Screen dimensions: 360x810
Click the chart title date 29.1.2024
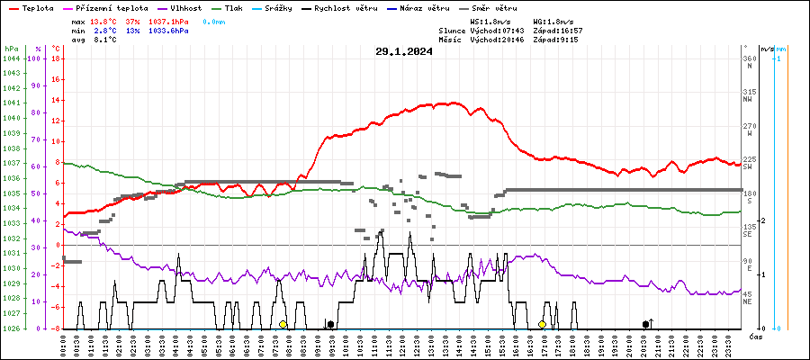pyautogui.click(x=404, y=51)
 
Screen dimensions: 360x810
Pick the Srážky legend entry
pyautogui.click(x=281, y=7)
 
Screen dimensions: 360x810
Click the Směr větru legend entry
pyautogui.click(x=495, y=7)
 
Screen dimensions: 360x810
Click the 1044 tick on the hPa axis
pyautogui.click(x=12, y=58)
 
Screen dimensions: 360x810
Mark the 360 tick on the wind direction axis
pyautogui.click(x=749, y=58)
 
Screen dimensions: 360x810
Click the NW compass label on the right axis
pyautogui.click(x=749, y=99)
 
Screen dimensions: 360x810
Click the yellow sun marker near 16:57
pyautogui.click(x=542, y=324)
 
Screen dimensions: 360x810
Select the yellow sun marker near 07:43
pyautogui.click(x=283, y=324)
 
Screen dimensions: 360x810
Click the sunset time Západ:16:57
pyautogui.click(x=558, y=30)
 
